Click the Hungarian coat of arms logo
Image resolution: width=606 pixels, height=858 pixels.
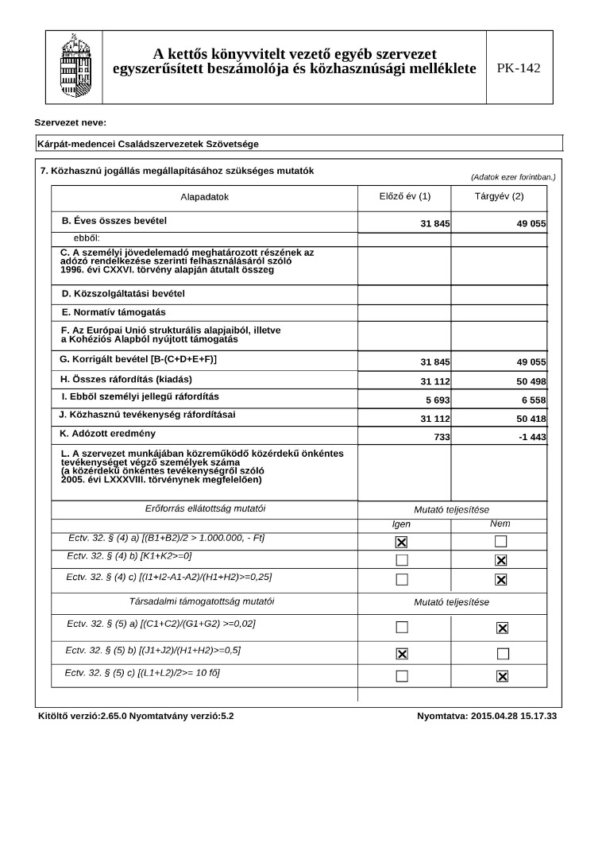coord(75,67)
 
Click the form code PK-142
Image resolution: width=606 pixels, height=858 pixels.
coord(519,68)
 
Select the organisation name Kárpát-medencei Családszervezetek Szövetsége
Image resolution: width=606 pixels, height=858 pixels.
coord(148,144)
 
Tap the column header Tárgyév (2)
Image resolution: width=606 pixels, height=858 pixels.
coord(499,196)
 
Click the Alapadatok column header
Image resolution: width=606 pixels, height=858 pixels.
coord(204,197)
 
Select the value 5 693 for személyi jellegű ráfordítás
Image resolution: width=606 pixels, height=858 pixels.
coord(435,400)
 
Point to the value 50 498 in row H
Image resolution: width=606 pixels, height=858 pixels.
coord(531,382)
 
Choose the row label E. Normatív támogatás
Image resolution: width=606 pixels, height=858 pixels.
coord(114,312)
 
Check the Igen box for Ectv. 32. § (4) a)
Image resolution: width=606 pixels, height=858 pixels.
coord(402,542)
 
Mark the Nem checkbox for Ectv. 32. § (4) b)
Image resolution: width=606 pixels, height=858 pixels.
coord(501,560)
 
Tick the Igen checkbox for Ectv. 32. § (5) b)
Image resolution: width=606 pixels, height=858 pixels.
coord(402,654)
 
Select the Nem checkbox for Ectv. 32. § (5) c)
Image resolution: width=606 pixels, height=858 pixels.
coord(501,676)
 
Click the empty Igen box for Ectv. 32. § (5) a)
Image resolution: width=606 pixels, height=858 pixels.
coord(402,628)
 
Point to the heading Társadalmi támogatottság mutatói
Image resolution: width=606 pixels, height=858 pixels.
coord(203,602)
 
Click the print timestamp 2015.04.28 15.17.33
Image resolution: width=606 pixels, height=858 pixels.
coord(513,716)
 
